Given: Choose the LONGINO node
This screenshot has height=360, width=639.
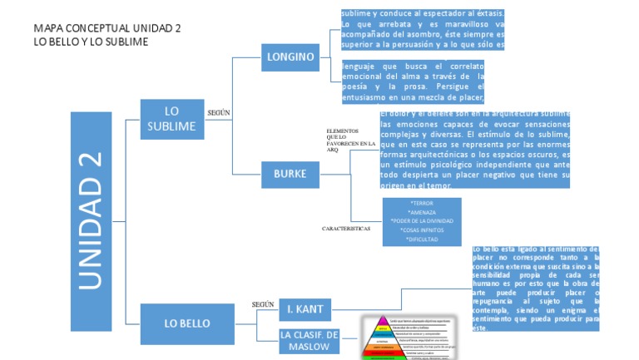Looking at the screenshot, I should coord(290,57).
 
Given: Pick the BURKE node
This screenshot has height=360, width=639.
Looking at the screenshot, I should coord(290,174).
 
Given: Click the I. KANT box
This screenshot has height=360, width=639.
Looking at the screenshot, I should coord(306,309).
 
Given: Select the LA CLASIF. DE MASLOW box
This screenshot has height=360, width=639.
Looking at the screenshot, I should coord(310,342).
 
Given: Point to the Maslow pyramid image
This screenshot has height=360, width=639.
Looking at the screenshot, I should coord(407,337).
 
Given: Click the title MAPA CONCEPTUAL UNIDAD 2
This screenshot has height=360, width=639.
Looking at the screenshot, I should coord(106,27).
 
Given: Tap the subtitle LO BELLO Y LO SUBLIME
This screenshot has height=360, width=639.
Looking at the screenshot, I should coord(91,42).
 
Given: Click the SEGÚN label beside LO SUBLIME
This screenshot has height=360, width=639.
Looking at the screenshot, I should coord(218,111).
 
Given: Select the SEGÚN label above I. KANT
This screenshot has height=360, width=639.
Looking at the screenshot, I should coord(263,304).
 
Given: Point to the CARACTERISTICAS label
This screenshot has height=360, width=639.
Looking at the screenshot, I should coord(346,228).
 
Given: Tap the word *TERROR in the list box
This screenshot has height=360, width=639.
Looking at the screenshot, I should coord(422,203).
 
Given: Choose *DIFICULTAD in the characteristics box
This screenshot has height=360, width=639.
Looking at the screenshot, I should coord(423,239).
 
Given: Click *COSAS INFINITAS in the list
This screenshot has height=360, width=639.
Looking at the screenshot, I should coord(423,229).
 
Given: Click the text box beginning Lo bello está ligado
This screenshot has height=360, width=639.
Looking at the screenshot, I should coord(535,288).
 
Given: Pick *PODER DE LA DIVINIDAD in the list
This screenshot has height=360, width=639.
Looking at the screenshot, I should coord(422,220).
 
